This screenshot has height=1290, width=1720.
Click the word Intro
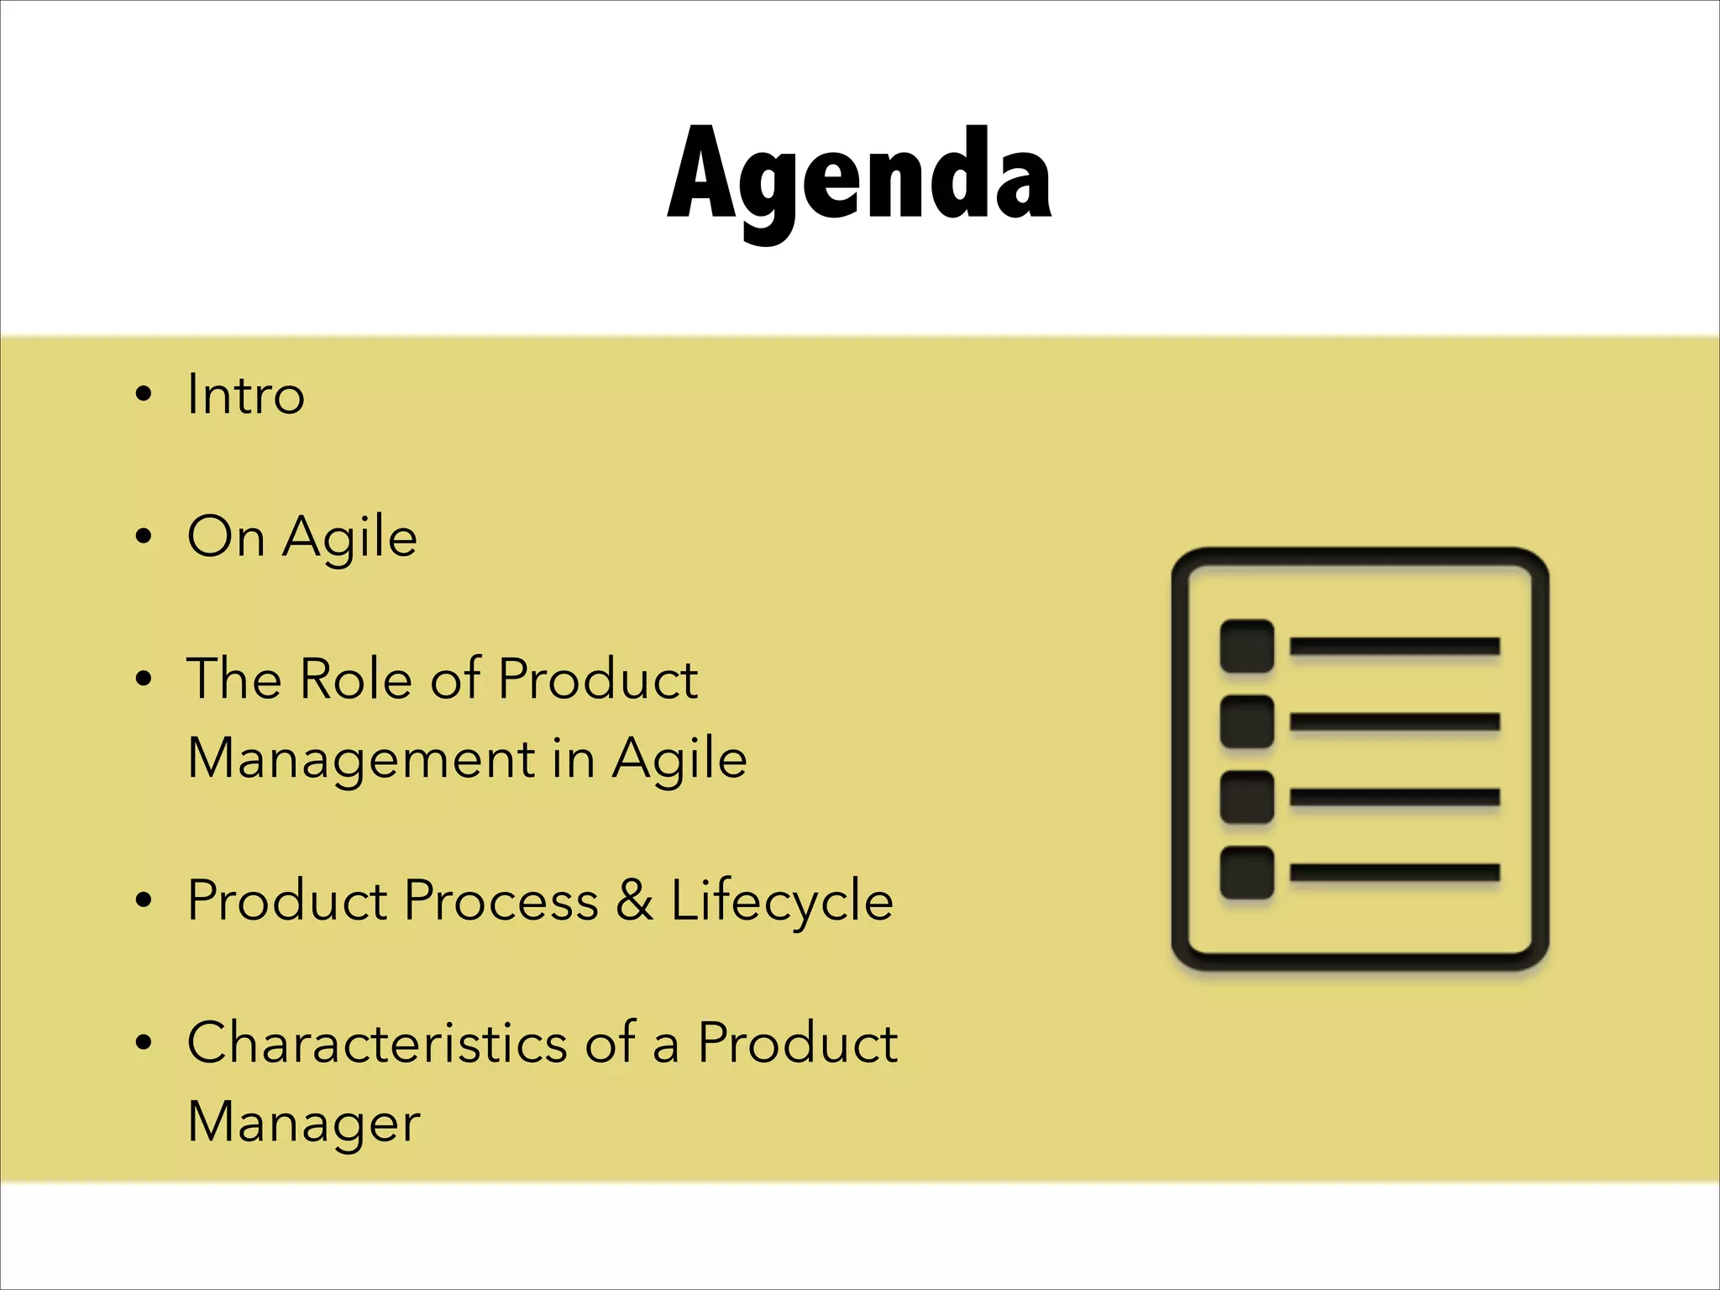(245, 394)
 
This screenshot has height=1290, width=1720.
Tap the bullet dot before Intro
(144, 394)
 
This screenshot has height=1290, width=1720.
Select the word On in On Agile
(225, 537)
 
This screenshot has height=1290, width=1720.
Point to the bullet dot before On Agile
(144, 537)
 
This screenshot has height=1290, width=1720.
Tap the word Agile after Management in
(679, 758)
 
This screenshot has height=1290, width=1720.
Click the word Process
(501, 900)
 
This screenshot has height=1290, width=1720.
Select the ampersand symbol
(634, 900)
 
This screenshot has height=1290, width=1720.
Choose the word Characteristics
(377, 1042)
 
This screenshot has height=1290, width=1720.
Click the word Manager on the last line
(303, 1123)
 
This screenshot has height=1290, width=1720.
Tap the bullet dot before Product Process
(144, 900)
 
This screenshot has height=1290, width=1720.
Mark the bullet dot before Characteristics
(144, 1042)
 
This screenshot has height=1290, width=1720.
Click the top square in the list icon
(1246, 646)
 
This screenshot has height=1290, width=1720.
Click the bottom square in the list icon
(1246, 873)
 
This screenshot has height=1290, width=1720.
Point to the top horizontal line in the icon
(1395, 646)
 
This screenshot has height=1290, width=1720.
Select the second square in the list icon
(1246, 721)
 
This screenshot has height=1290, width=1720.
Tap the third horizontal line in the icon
(1395, 797)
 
